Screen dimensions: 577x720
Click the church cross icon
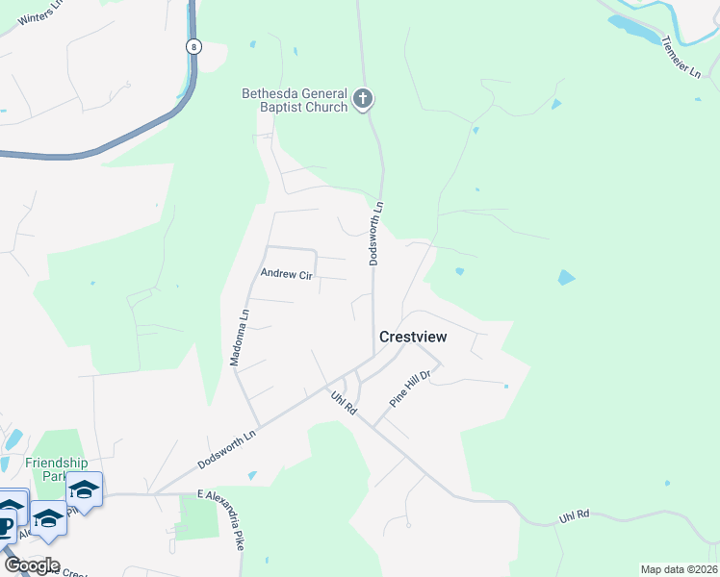(363, 98)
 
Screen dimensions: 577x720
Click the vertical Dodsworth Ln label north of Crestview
(377, 233)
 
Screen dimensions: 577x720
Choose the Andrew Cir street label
(287, 275)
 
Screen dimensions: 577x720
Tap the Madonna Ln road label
(239, 337)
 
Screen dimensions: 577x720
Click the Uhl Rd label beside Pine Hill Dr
(344, 402)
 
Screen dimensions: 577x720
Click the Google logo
(33, 565)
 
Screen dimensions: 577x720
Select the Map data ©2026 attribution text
(679, 569)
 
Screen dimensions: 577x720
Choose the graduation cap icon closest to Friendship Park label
(85, 490)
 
